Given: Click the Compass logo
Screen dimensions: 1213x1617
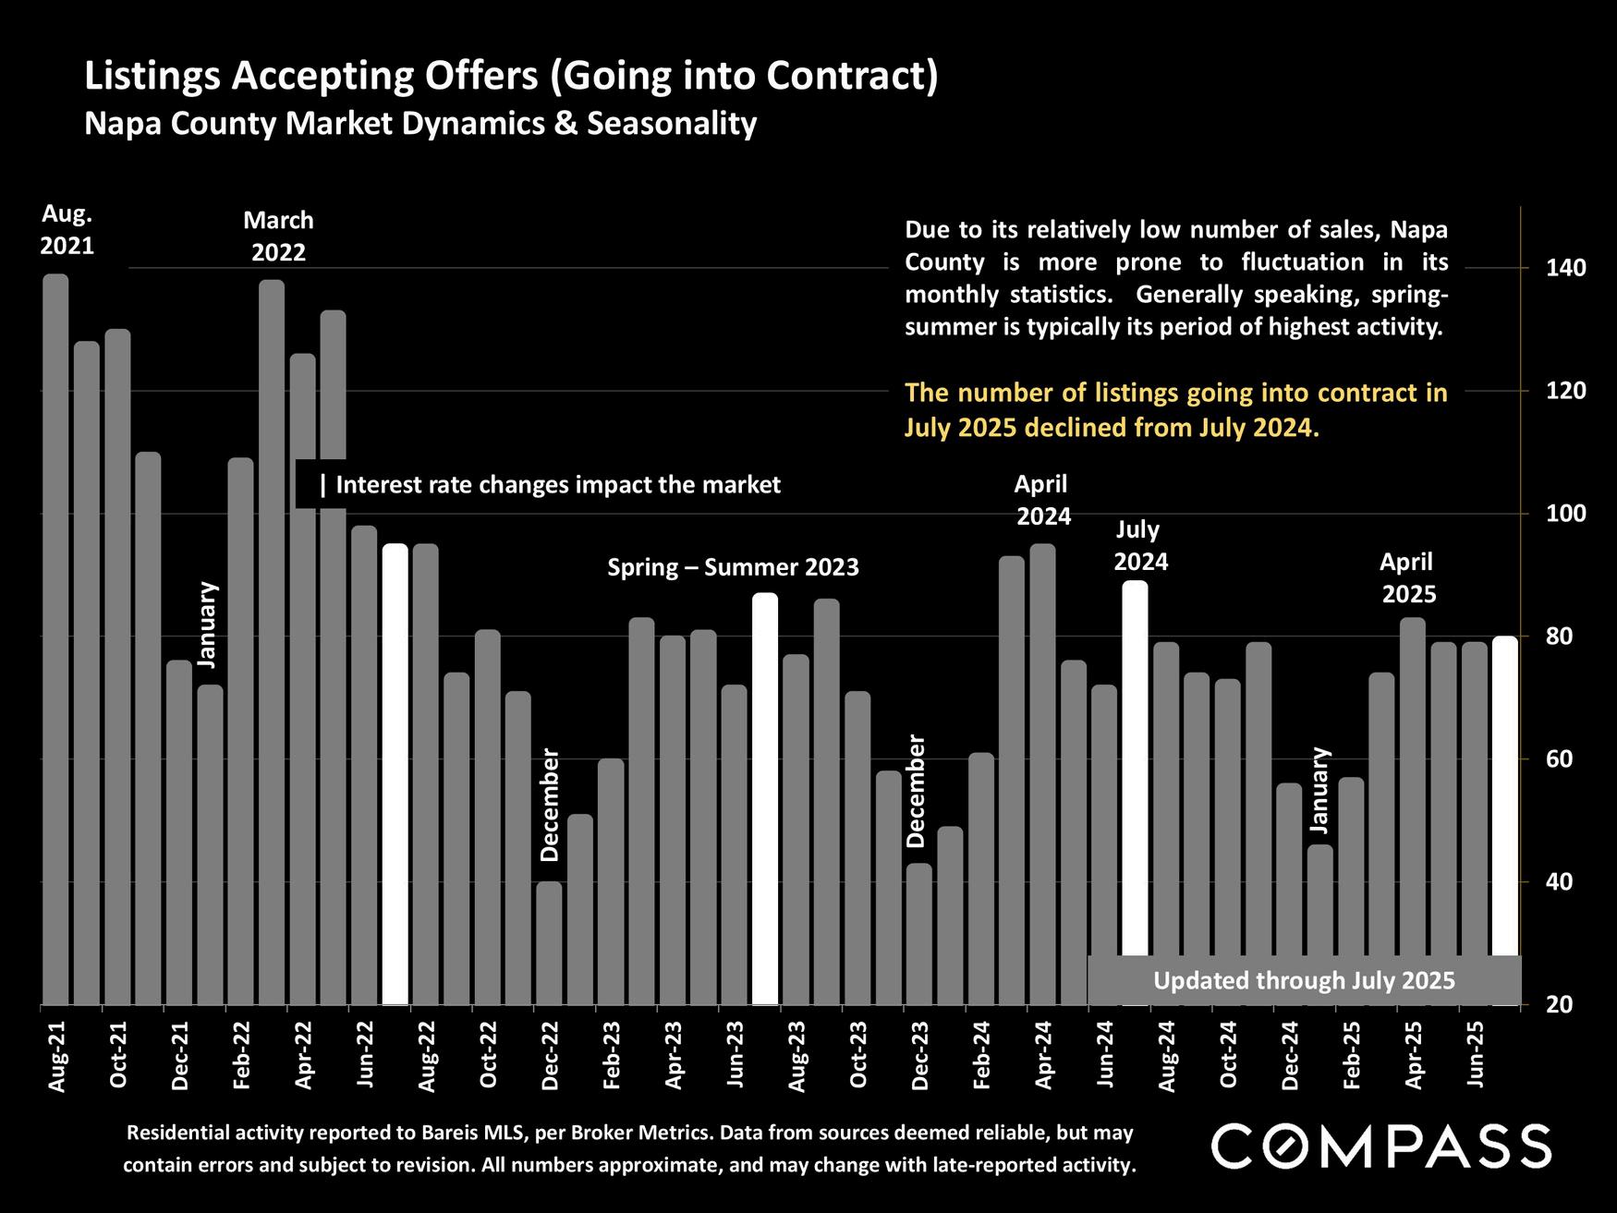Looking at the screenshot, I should pyautogui.click(x=1381, y=1146).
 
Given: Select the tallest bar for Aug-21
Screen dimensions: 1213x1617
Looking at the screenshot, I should pyautogui.click(x=55, y=637).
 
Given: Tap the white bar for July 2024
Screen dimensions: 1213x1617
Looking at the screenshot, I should pyautogui.click(x=1135, y=767).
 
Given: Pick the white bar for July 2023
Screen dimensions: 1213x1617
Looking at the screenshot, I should pyautogui.click(x=765, y=799).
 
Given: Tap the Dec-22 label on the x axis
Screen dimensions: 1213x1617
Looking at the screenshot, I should pyautogui.click(x=550, y=1056).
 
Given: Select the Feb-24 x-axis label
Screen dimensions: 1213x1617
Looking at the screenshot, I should pyautogui.click(x=981, y=1056).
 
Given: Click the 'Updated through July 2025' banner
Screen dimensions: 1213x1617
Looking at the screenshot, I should pyautogui.click(x=1304, y=980).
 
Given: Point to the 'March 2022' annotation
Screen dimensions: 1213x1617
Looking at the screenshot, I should pyautogui.click(x=278, y=237).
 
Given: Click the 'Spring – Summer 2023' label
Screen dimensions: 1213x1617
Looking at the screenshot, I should pyautogui.click(x=733, y=567).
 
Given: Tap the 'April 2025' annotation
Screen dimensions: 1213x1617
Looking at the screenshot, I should pyautogui.click(x=1407, y=577).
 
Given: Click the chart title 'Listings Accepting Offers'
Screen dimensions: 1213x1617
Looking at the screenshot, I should pyautogui.click(x=511, y=76).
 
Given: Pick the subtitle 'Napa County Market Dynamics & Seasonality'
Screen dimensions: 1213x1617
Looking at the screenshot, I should pyautogui.click(x=420, y=123).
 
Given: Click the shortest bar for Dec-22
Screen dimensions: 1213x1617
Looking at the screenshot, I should pyautogui.click(x=549, y=942).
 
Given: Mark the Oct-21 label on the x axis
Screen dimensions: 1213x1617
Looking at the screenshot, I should pyautogui.click(x=118, y=1056).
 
